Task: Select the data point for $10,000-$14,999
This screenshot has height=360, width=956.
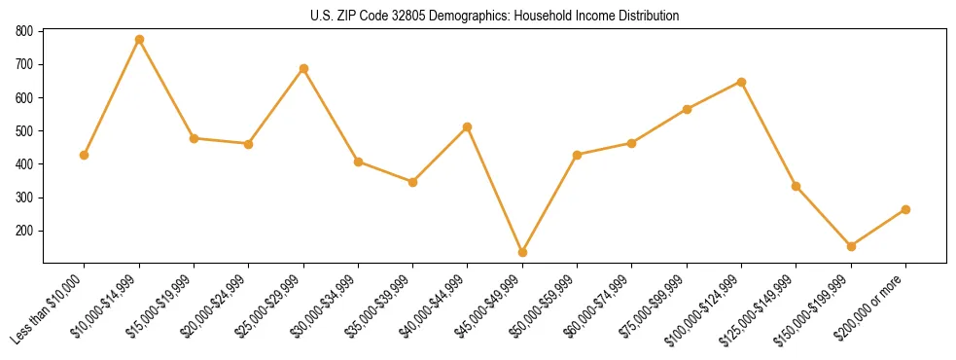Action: click(139, 40)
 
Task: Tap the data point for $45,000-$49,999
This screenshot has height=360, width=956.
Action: click(522, 253)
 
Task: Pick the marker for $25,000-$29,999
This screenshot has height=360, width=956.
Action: click(303, 69)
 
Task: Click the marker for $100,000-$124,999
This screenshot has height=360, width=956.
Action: click(741, 82)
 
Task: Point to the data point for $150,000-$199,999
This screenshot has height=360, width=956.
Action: click(851, 246)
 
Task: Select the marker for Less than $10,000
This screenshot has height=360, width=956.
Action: click(85, 155)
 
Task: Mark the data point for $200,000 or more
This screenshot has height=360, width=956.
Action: click(905, 209)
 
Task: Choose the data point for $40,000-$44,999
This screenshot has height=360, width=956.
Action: click(468, 126)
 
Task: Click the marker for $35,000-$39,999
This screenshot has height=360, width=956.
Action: click(412, 182)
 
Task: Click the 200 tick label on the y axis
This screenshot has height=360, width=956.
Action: click(25, 231)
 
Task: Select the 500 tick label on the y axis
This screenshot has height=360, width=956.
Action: click(25, 131)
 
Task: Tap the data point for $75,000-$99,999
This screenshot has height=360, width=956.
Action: click(687, 109)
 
